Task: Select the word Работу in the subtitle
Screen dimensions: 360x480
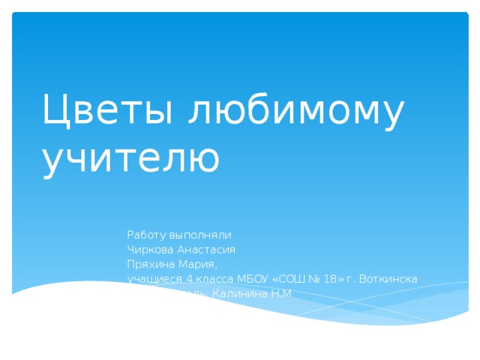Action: tap(145, 235)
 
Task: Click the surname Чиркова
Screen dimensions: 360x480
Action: tap(149, 250)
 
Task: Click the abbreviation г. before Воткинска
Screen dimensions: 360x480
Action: tap(351, 280)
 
